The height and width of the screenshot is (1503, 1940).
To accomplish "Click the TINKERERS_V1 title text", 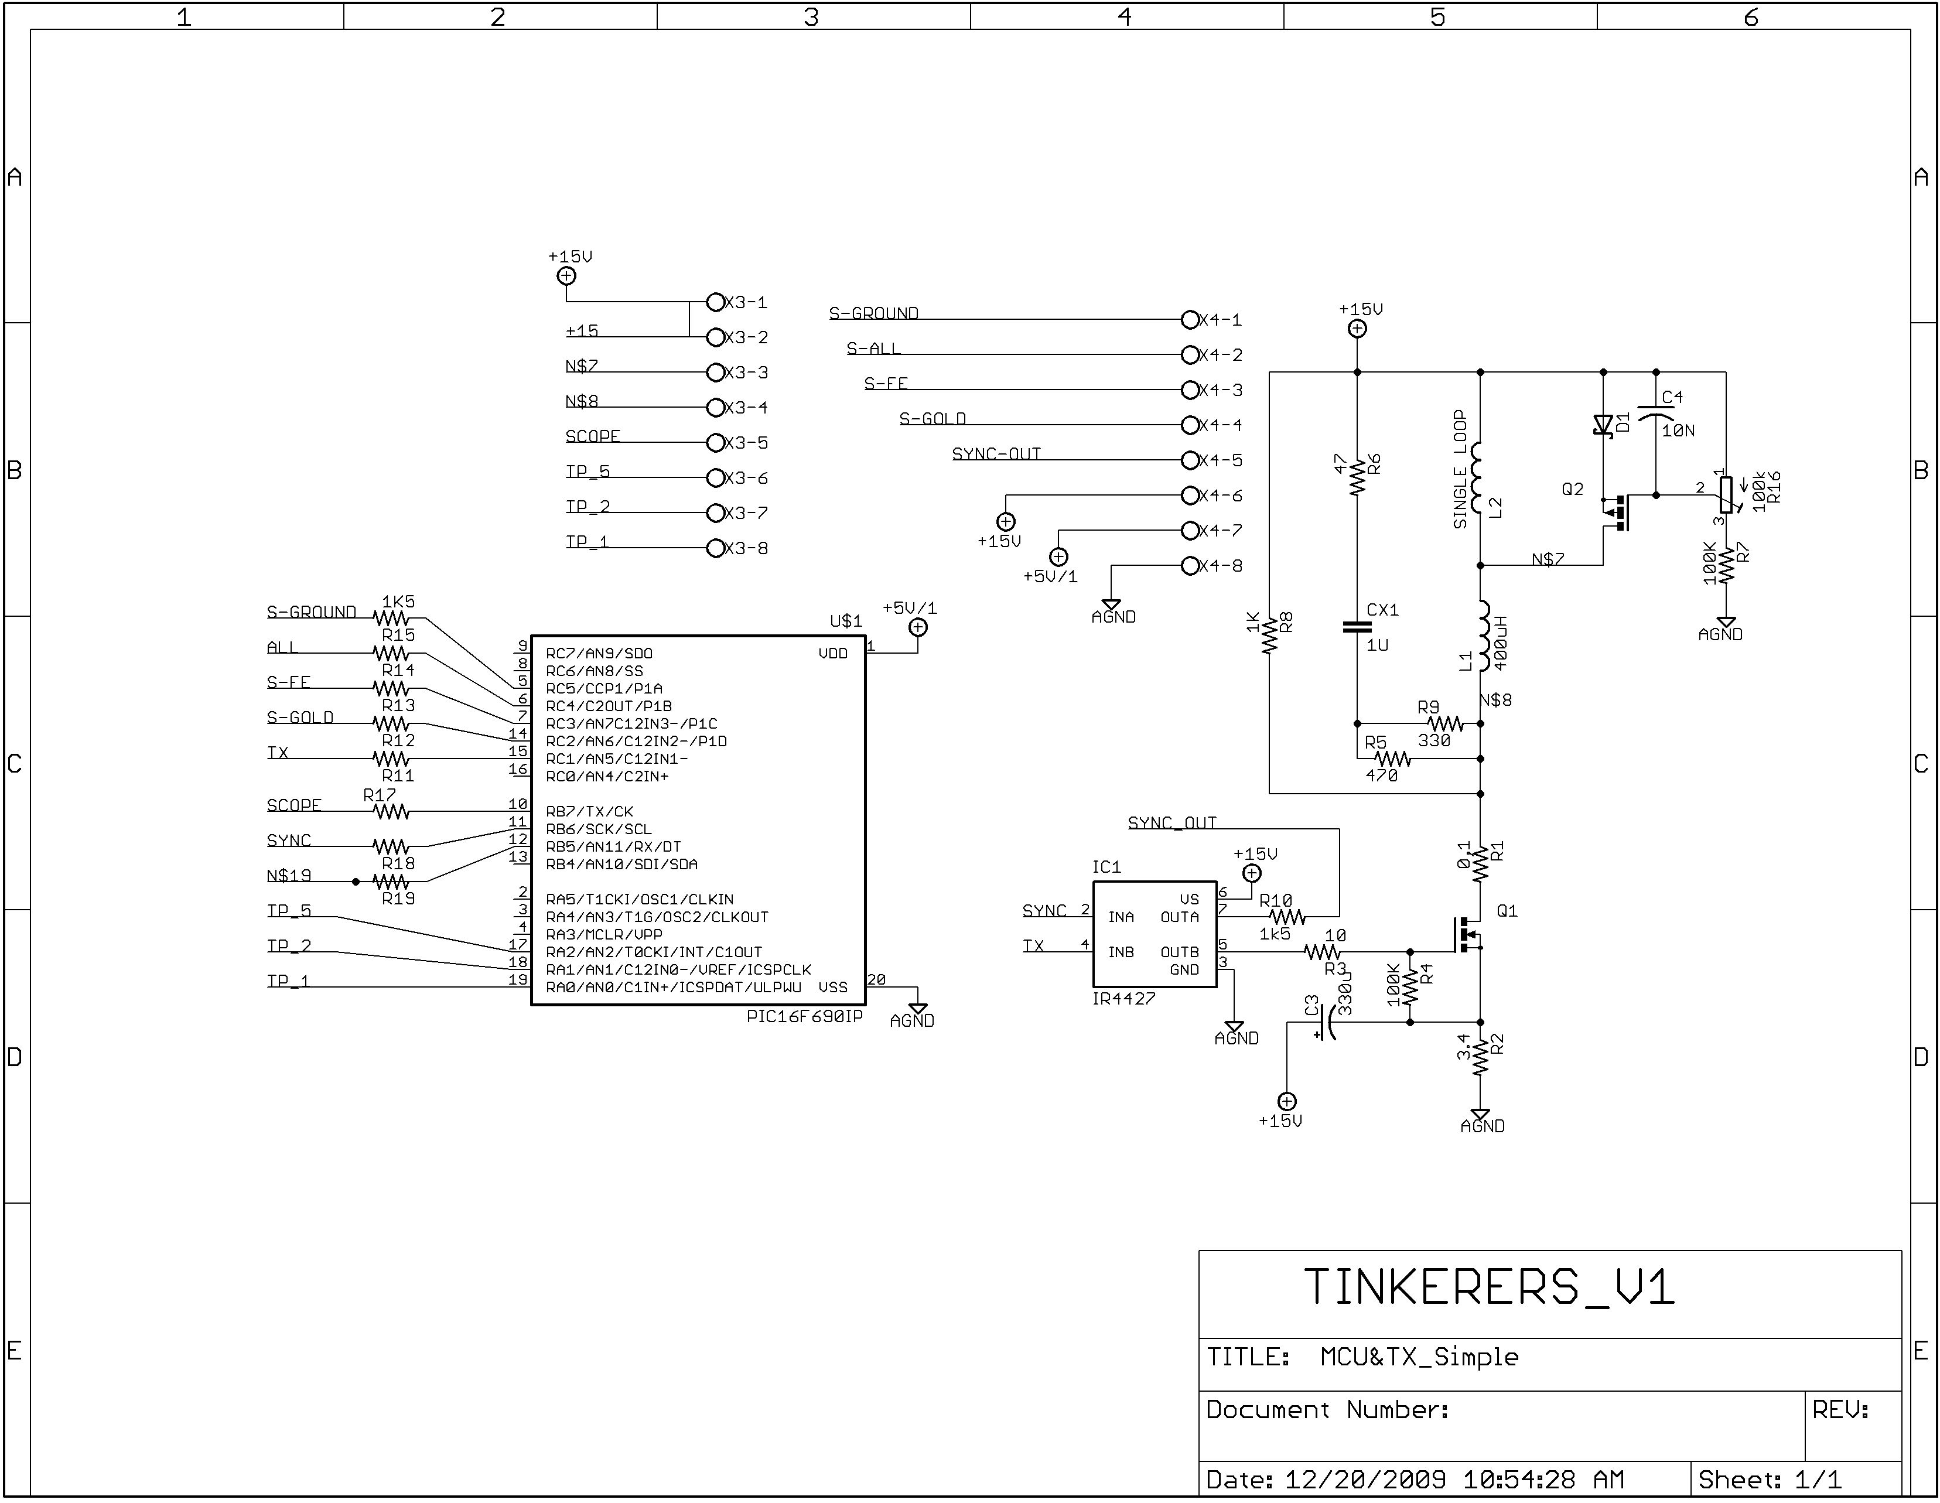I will click(1489, 1287).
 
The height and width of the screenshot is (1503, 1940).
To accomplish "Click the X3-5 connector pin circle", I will click(715, 442).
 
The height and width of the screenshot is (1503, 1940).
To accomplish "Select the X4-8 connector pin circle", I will click(1190, 566).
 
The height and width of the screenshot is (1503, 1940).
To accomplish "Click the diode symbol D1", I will click(1603, 425).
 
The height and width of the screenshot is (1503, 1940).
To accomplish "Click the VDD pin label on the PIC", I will click(832, 654).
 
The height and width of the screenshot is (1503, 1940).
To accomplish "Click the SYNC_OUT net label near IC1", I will click(1171, 822).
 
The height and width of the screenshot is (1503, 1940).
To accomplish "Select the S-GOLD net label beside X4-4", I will click(932, 418).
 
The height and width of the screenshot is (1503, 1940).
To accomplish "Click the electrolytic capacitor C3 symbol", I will click(1326, 1023).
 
